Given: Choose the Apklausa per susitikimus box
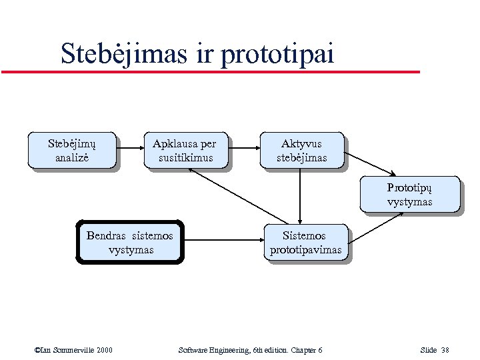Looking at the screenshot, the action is pyautogui.click(x=184, y=150).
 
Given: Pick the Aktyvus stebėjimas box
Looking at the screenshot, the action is pyautogui.click(x=302, y=150).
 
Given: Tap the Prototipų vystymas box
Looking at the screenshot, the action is pyautogui.click(x=409, y=194).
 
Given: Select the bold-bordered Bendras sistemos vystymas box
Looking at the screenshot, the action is pyautogui.click(x=130, y=243).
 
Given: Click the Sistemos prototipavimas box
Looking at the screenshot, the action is pyautogui.click(x=305, y=243).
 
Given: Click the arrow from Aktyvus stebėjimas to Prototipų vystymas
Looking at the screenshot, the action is pyautogui.click(x=372, y=162).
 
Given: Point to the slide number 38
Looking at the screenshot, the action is pyautogui.click(x=445, y=350).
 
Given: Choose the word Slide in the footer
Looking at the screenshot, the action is pyautogui.click(x=428, y=350).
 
